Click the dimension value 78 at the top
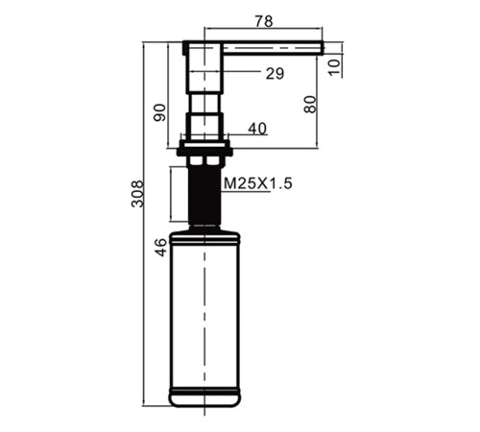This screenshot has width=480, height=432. [x=264, y=21]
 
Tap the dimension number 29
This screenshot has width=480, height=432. [x=275, y=73]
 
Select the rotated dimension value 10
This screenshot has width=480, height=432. [x=334, y=67]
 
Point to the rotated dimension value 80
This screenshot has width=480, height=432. [x=310, y=105]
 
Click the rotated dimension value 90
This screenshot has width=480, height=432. [x=160, y=112]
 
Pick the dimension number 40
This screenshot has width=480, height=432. [x=257, y=129]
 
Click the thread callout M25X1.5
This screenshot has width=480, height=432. [x=258, y=183]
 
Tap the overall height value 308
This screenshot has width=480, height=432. [x=137, y=194]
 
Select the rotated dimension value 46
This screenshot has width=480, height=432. [x=161, y=248]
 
